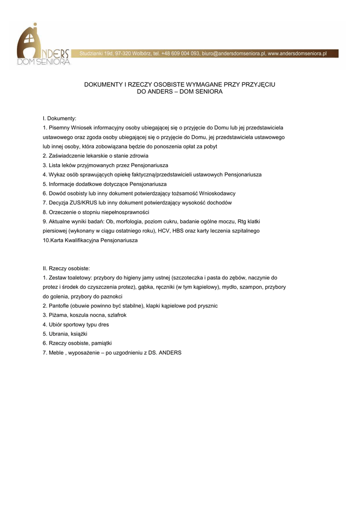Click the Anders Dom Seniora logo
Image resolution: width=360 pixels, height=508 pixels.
(x=44, y=46)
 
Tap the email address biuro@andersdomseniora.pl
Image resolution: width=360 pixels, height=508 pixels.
(x=233, y=54)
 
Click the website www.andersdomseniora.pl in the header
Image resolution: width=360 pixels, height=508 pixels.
(x=297, y=54)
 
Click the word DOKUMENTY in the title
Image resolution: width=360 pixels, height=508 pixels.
(x=105, y=85)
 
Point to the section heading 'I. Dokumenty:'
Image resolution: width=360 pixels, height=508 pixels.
(x=60, y=119)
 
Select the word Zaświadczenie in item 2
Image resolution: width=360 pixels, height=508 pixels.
(x=66, y=156)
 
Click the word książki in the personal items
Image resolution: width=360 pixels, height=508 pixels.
(x=79, y=334)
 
